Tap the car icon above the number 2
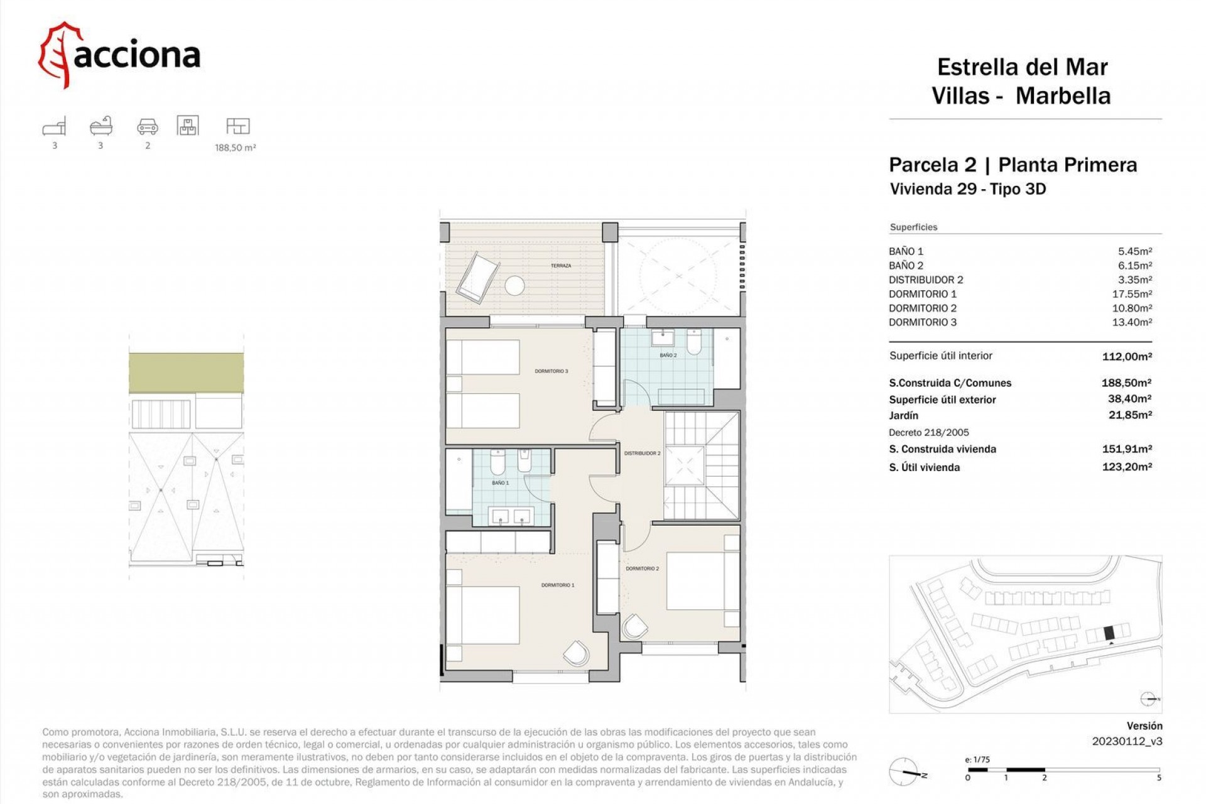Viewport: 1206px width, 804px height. (148, 126)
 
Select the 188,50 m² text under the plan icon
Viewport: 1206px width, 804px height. (235, 148)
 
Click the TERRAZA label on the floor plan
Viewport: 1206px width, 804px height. (561, 266)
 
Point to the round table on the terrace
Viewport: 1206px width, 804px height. (514, 286)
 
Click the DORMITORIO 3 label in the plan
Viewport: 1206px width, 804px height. (551, 371)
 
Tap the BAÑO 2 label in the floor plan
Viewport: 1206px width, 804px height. (668, 356)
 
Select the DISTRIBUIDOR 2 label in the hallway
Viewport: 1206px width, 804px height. (642, 453)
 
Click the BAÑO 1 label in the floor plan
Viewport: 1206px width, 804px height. (500, 483)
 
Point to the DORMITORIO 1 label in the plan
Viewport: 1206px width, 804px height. (558, 585)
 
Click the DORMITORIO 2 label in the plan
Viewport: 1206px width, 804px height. (642, 568)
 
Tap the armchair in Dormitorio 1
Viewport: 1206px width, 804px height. (576, 653)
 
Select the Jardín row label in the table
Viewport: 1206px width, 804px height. (903, 415)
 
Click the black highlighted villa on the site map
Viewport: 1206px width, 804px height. (1109, 633)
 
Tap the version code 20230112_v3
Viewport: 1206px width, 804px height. (1126, 741)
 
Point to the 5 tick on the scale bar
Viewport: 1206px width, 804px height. (1158, 778)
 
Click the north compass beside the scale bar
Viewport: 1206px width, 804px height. (904, 772)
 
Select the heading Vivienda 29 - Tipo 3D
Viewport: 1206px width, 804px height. (967, 189)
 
